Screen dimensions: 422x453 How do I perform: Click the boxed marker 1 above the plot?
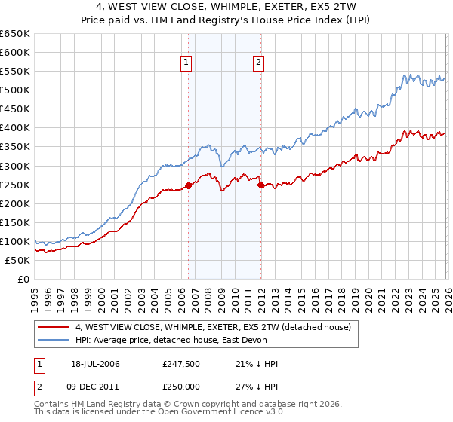tap(186, 63)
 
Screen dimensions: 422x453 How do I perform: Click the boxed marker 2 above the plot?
tap(258, 63)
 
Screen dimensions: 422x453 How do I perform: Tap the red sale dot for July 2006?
tap(188, 185)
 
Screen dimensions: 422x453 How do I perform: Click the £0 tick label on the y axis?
tap(23, 280)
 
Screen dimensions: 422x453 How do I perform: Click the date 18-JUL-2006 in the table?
tap(97, 364)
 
